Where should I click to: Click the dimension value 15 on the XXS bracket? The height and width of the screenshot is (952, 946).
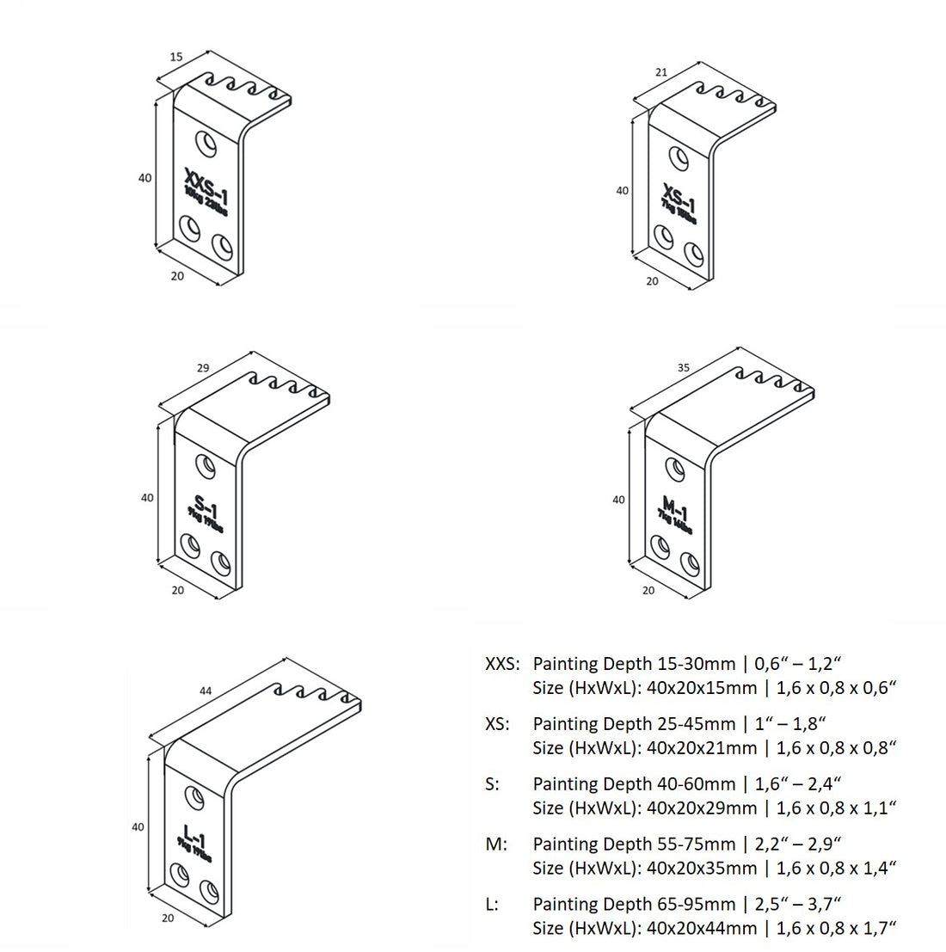pos(175,57)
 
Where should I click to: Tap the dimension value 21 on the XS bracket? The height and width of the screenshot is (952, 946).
pos(661,72)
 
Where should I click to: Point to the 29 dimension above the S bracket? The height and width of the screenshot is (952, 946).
pos(203,368)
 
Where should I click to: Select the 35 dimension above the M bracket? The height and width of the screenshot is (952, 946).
pos(684,368)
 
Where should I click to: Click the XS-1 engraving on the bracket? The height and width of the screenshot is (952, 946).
pos(679,197)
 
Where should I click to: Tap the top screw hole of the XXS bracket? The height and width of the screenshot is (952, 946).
pos(206,142)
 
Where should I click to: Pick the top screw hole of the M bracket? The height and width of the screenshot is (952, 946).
pos(675,469)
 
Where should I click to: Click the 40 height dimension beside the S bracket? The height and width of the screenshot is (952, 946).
pos(147,497)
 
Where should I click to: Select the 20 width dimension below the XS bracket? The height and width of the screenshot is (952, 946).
pos(652,281)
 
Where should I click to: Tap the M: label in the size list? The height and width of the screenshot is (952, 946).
pos(496,845)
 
